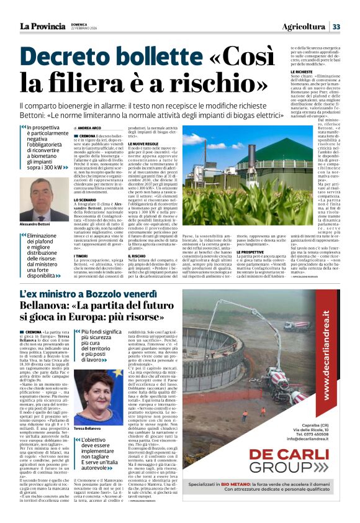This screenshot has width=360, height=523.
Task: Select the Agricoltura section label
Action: tap(304, 26)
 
